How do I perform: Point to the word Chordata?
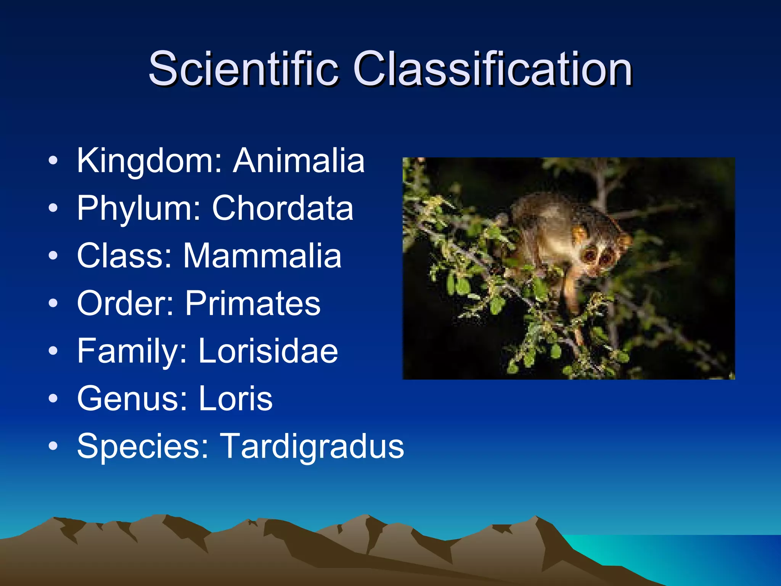pyautogui.click(x=283, y=208)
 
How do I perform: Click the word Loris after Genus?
pyautogui.click(x=236, y=399)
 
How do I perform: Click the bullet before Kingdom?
pyautogui.click(x=53, y=161)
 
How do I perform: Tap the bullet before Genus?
pyautogui.click(x=53, y=399)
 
